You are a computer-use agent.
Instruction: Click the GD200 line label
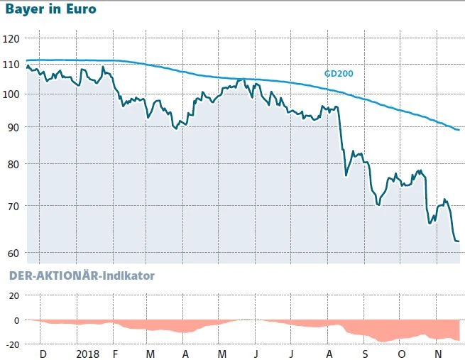pyautogui.click(x=339, y=72)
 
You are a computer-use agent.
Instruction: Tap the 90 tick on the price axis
pyautogui.click(x=13, y=127)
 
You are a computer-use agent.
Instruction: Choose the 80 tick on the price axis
pyautogui.click(x=13, y=164)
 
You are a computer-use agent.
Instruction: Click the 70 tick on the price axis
pyautogui.click(x=13, y=206)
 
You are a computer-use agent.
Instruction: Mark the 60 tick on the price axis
pyautogui.click(x=13, y=253)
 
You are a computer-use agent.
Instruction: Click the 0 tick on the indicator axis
pyautogui.click(x=16, y=320)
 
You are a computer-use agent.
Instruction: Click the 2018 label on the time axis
pyautogui.click(x=87, y=354)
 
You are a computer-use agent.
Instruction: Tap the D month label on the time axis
pyautogui.click(x=43, y=354)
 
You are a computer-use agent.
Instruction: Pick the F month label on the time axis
pyautogui.click(x=116, y=354)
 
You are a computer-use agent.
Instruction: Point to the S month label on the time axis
pyautogui.click(x=365, y=354)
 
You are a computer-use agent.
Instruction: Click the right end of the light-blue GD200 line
pyautogui.click(x=459, y=130)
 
